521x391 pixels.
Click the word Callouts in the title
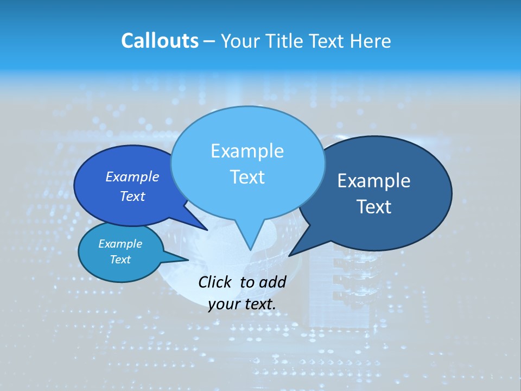(x=160, y=41)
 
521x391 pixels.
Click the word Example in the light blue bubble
(x=247, y=151)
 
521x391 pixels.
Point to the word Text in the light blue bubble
(x=247, y=177)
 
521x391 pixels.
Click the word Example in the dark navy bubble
(x=374, y=181)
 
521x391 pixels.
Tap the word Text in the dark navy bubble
(x=374, y=207)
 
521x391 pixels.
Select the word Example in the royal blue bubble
(x=132, y=176)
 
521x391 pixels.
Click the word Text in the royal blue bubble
(x=132, y=196)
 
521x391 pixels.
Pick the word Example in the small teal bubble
(x=120, y=244)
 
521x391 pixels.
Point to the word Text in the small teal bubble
(x=120, y=260)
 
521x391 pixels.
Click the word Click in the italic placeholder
(x=216, y=282)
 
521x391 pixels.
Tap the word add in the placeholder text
(x=272, y=282)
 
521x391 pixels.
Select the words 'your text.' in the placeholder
(x=242, y=304)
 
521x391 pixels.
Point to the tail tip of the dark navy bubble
(x=291, y=254)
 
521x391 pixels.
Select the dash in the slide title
(x=209, y=41)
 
